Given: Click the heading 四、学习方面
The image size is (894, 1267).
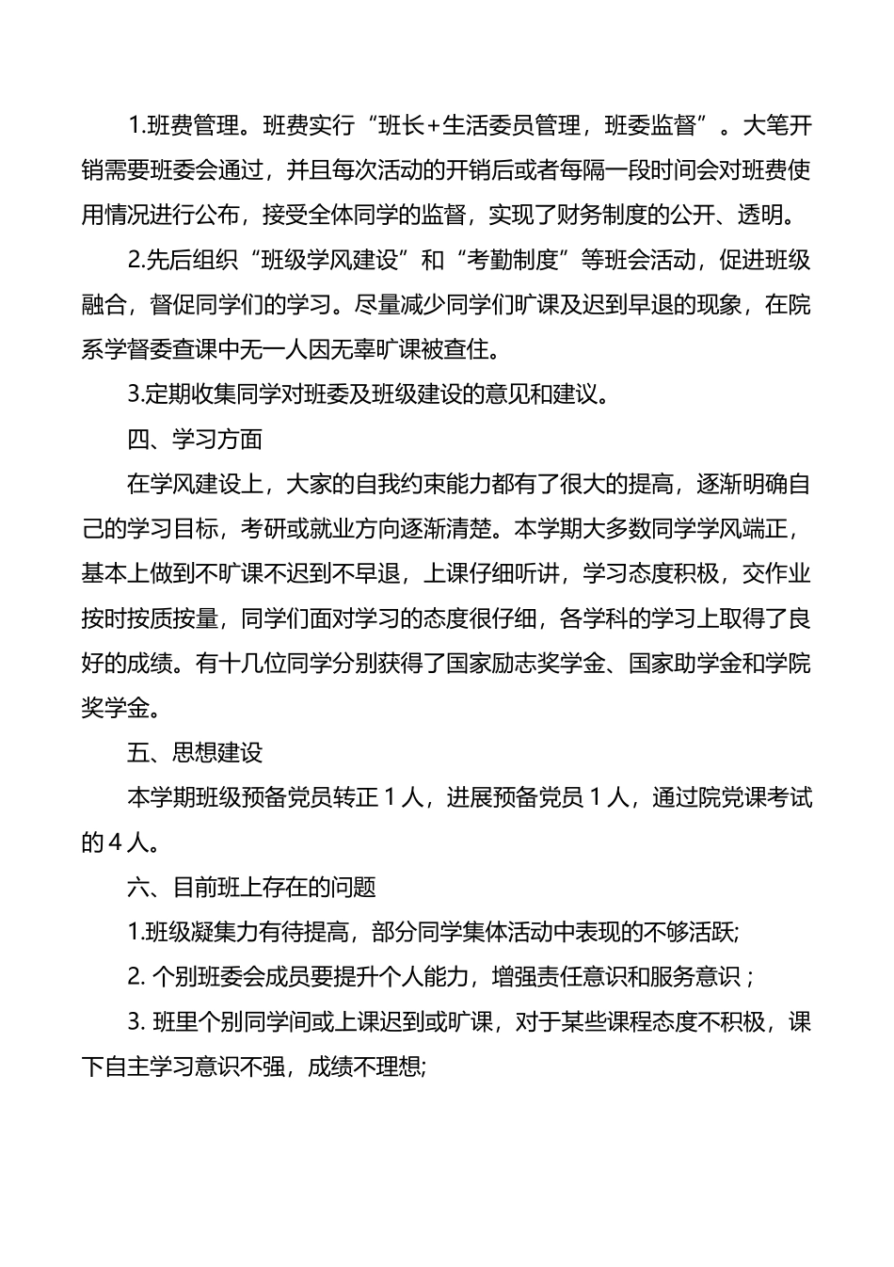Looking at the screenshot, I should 195,440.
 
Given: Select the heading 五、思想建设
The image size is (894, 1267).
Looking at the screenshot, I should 195,753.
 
